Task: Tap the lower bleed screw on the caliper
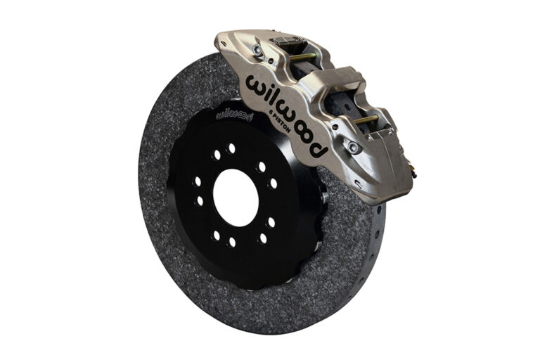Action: coord(353,147)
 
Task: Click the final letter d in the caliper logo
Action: coord(319,148)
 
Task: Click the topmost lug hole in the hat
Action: coord(231,148)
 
